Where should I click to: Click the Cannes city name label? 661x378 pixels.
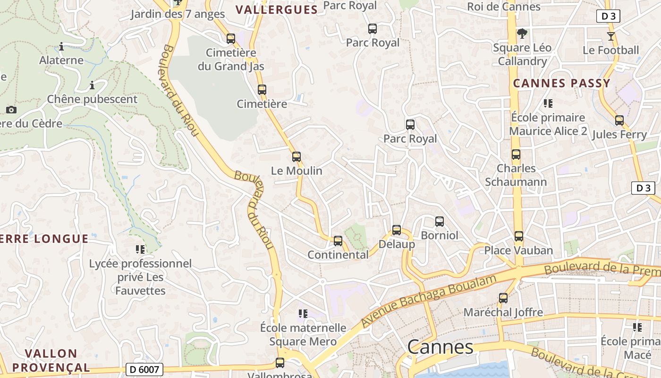tap(440, 347)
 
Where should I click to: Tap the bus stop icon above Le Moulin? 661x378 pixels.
tap(297, 156)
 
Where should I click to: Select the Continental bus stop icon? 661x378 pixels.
tap(338, 241)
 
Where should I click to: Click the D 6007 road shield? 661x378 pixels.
tap(145, 369)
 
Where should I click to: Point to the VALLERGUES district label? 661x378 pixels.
tap(277, 10)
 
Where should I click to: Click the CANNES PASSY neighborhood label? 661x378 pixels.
tap(562, 84)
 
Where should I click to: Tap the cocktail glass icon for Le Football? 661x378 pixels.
tap(611, 36)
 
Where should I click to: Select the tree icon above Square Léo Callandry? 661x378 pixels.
tap(522, 34)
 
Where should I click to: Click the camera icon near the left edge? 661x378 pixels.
tap(11, 110)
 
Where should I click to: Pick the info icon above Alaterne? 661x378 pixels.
tap(61, 46)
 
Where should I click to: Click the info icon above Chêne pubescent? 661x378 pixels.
tap(92, 86)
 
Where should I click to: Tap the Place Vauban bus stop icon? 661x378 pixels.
tap(519, 236)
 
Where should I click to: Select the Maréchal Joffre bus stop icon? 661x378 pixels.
tap(503, 298)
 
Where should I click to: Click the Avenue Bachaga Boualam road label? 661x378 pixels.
tap(429, 301)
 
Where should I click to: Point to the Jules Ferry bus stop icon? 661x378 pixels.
tap(619, 120)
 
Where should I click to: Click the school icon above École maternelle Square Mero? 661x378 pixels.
tap(303, 313)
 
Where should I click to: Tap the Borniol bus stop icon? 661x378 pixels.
tap(440, 221)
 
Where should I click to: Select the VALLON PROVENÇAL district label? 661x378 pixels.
tap(51, 360)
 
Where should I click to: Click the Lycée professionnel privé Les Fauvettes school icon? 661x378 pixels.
tap(140, 249)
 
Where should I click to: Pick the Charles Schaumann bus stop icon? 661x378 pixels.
tap(516, 155)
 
